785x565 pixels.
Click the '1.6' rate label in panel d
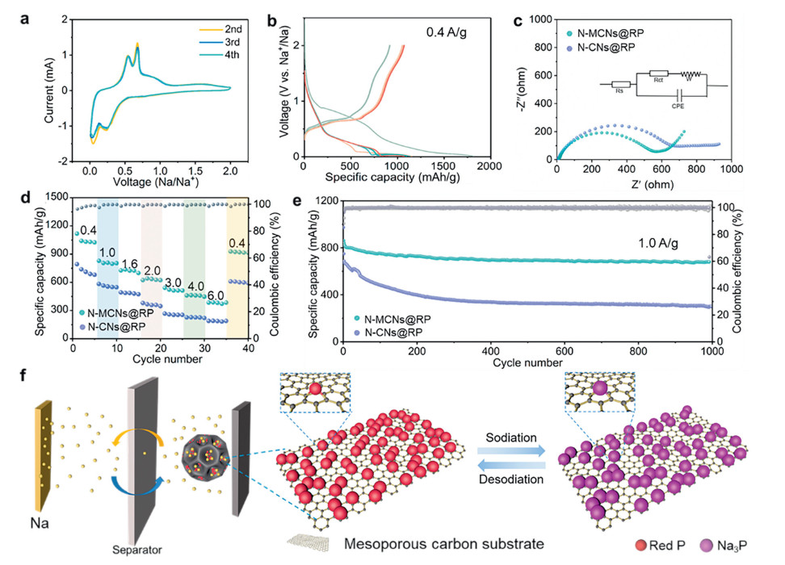click(x=129, y=264)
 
